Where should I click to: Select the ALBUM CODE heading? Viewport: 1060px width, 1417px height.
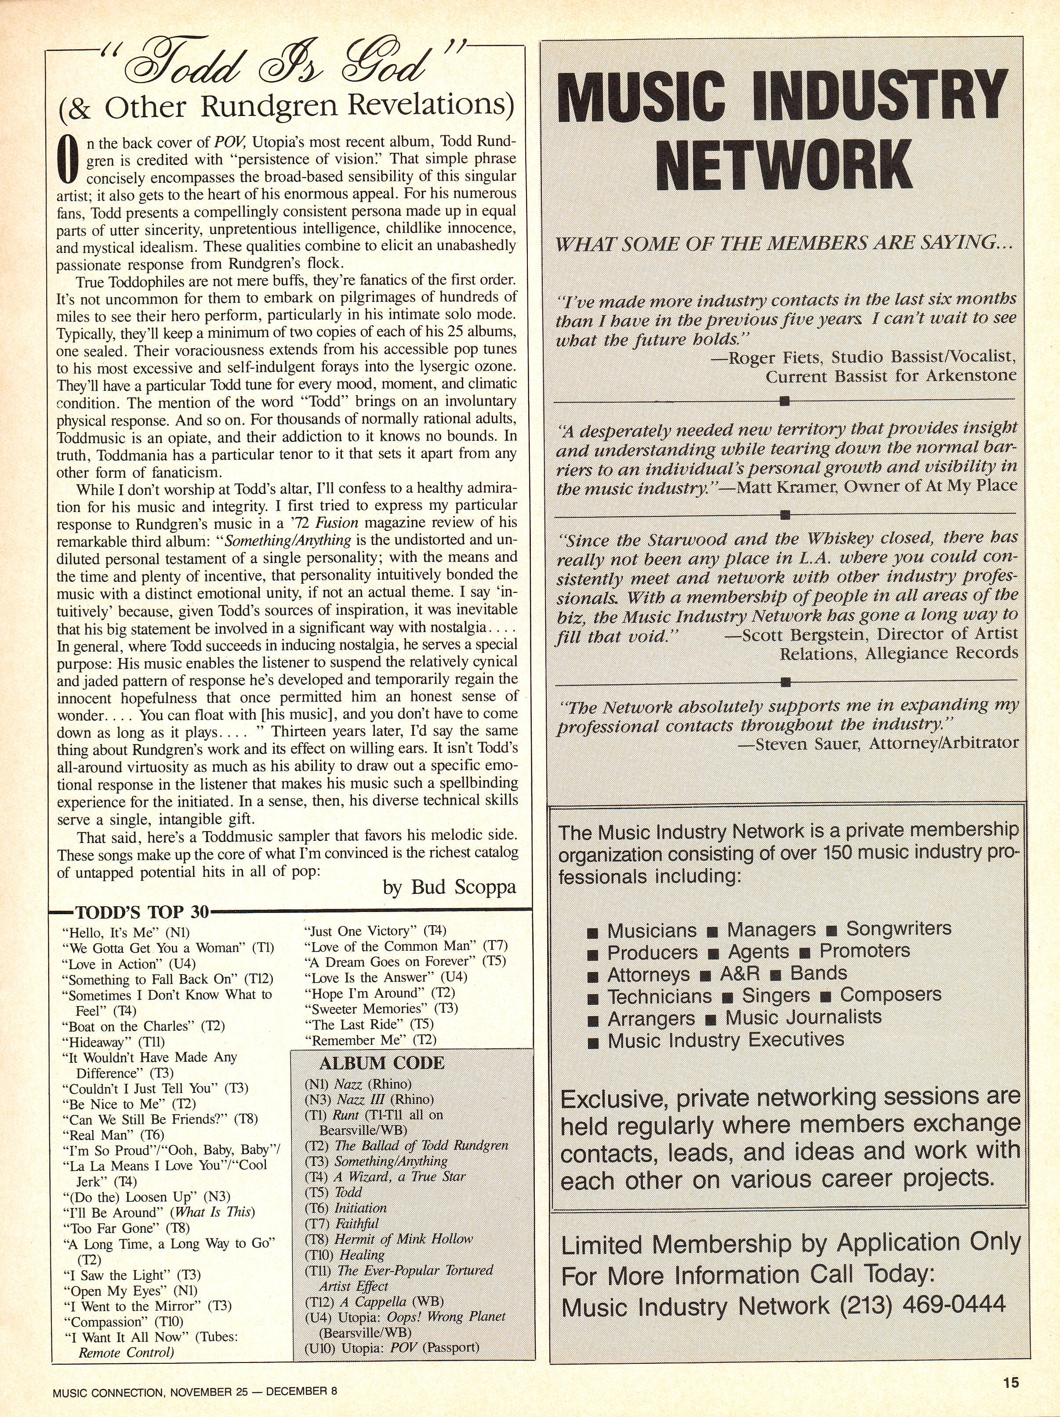(x=382, y=1063)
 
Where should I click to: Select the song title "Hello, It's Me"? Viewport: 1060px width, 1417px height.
(x=112, y=933)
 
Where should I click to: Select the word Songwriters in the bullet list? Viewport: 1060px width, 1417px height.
(x=899, y=929)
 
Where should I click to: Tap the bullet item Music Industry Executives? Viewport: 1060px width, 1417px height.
(x=726, y=1040)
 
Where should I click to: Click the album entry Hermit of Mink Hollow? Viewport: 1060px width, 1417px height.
(x=403, y=1239)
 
